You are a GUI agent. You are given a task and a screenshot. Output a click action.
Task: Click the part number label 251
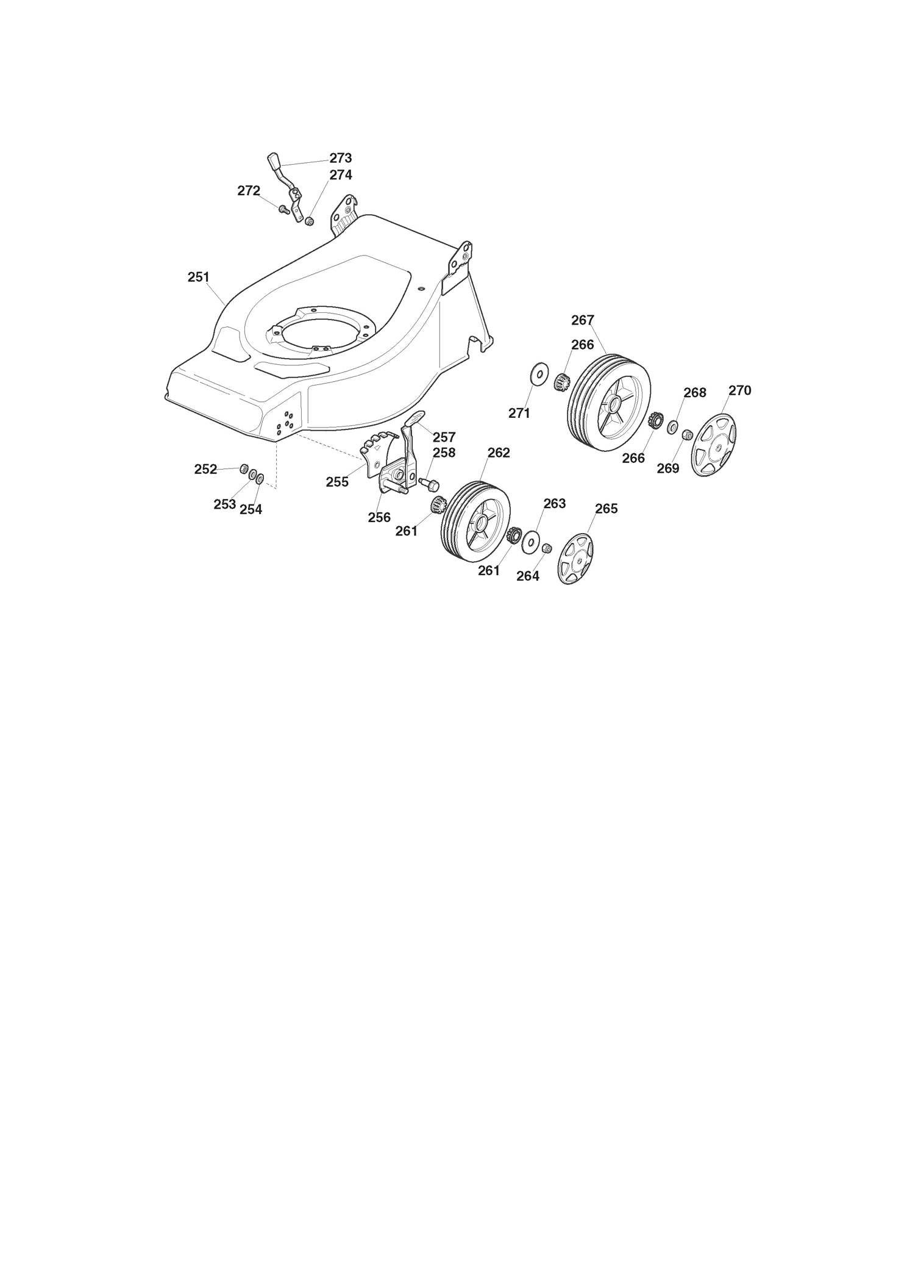pyautogui.click(x=199, y=277)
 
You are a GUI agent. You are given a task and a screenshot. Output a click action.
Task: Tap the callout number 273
pyautogui.click(x=341, y=158)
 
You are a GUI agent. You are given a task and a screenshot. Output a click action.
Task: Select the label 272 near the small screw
pyautogui.click(x=249, y=191)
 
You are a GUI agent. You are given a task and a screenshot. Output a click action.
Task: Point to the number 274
pyautogui.click(x=341, y=175)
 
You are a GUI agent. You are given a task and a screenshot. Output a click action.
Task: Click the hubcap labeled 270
pyautogui.click(x=713, y=443)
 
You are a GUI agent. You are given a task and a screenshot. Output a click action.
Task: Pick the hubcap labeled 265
pyautogui.click(x=576, y=559)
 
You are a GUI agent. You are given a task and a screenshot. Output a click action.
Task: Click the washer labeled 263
pyautogui.click(x=531, y=542)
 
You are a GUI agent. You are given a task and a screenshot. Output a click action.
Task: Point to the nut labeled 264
pyautogui.click(x=547, y=548)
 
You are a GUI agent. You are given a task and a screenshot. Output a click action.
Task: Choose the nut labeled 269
pyautogui.click(x=686, y=434)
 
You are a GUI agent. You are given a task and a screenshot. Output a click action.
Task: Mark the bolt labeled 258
pyautogui.click(x=429, y=484)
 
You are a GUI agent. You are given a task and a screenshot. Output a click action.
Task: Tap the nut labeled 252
pyautogui.click(x=243, y=468)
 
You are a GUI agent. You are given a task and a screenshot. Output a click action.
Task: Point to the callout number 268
pyautogui.click(x=694, y=393)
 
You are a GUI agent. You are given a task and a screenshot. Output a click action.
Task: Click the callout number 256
pyautogui.click(x=379, y=518)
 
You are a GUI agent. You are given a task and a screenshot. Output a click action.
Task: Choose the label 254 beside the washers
pyautogui.click(x=251, y=510)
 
